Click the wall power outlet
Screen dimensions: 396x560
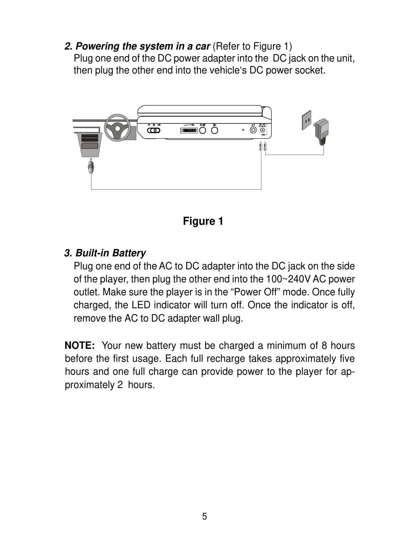(307, 121)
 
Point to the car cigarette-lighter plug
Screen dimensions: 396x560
(91, 167)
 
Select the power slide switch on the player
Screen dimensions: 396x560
(154, 130)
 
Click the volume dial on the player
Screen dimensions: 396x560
(189, 130)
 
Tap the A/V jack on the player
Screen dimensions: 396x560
(253, 130)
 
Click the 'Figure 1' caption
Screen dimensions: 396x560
(203, 221)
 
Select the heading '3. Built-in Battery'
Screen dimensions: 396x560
(105, 253)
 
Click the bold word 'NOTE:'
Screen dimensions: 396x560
(80, 346)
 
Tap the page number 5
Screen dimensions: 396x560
(204, 516)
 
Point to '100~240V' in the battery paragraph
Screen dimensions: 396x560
(289, 279)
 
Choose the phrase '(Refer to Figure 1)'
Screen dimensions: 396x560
(252, 46)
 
